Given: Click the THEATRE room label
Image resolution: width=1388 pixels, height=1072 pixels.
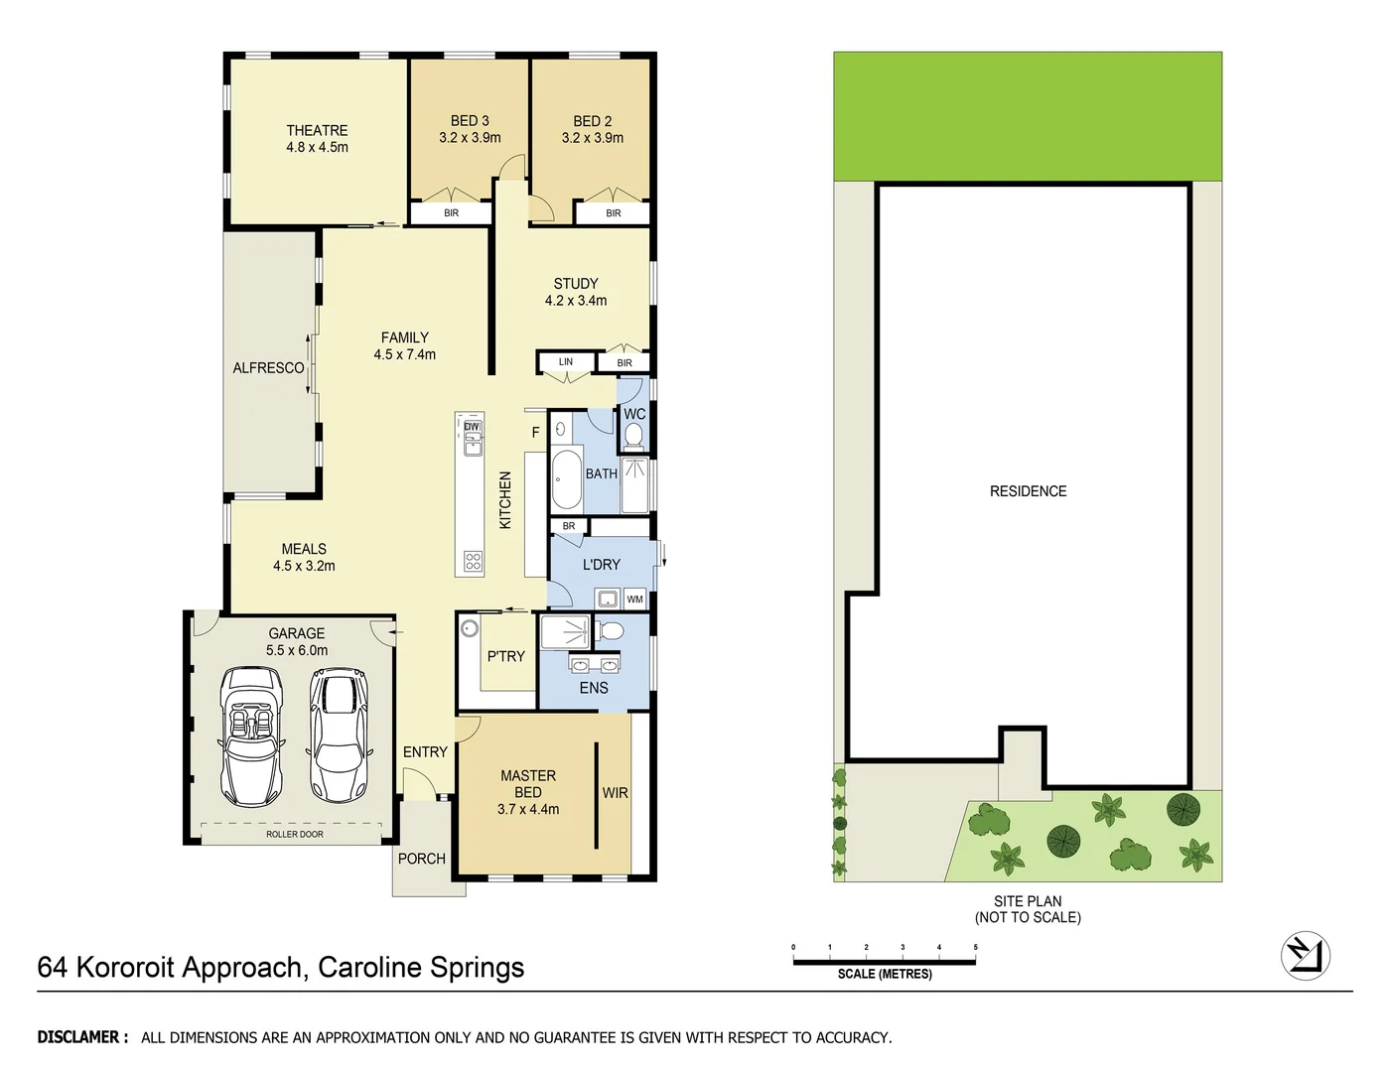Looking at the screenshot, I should pyautogui.click(x=317, y=130).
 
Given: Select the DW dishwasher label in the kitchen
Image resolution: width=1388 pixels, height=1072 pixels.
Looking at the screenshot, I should pyautogui.click(x=472, y=427).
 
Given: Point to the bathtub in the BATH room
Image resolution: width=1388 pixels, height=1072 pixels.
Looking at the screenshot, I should pyautogui.click(x=566, y=479).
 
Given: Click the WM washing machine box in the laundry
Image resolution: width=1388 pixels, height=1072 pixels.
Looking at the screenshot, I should pyautogui.click(x=634, y=599).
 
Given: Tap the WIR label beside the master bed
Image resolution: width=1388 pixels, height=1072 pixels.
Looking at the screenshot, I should pyautogui.click(x=615, y=793).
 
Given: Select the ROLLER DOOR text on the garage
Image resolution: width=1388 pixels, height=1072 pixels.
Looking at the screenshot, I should pyautogui.click(x=294, y=835).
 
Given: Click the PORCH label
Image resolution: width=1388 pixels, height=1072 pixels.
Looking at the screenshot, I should pyautogui.click(x=421, y=859).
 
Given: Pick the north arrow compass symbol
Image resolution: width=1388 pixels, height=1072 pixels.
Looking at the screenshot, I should pyautogui.click(x=1305, y=956).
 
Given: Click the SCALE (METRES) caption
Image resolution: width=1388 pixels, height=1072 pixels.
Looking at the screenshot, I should pyautogui.click(x=884, y=974).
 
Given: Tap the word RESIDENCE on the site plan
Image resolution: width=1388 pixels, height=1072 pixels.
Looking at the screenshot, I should pyautogui.click(x=1028, y=491).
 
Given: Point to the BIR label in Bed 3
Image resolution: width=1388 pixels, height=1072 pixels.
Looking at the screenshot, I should pyautogui.click(x=451, y=213).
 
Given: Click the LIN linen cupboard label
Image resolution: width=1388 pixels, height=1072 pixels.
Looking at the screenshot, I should pyautogui.click(x=565, y=362).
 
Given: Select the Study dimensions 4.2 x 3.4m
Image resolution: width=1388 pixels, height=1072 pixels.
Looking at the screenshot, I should pyautogui.click(x=576, y=301).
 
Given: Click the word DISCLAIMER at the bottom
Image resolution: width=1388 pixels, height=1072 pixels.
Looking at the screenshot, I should pyautogui.click(x=81, y=1037).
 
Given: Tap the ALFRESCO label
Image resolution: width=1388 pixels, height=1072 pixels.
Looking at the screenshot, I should pyautogui.click(x=268, y=368).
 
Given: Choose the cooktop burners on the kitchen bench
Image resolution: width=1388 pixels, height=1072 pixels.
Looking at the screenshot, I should pyautogui.click(x=473, y=562).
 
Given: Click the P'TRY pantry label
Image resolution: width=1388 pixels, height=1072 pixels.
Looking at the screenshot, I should pyautogui.click(x=505, y=656).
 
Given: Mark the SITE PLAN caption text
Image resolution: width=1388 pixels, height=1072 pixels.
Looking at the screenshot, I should pyautogui.click(x=1028, y=901).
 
